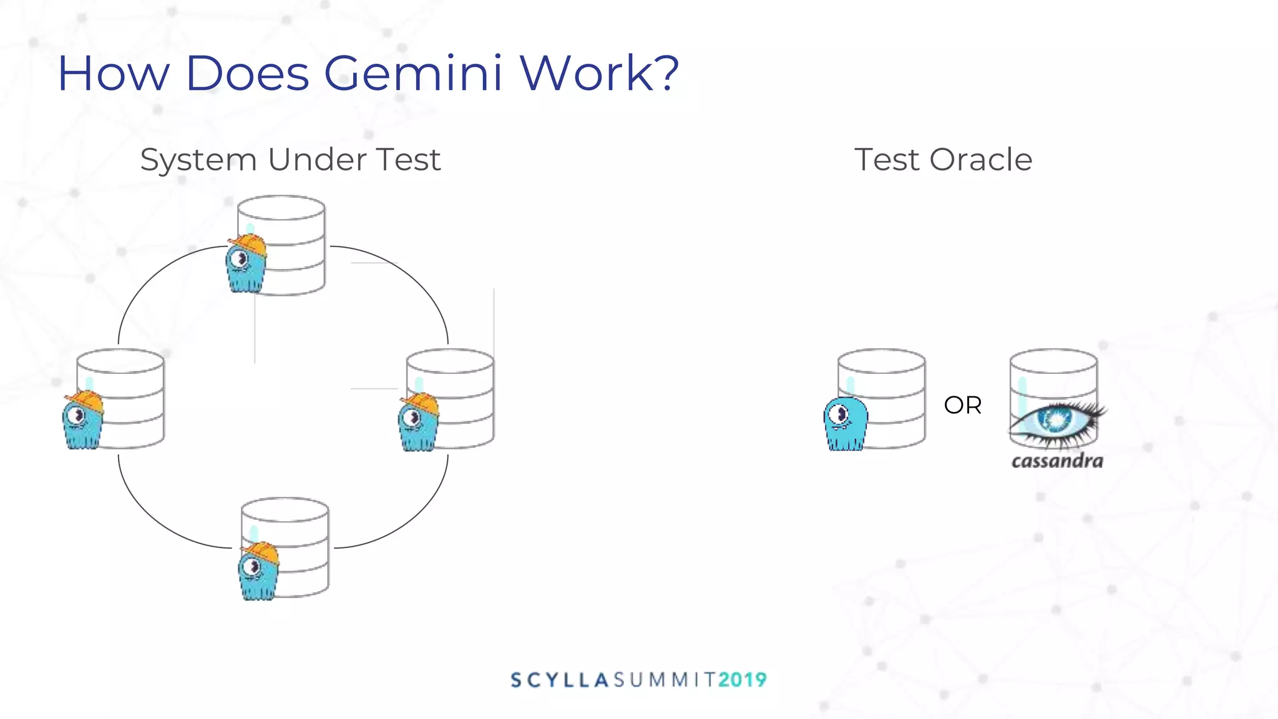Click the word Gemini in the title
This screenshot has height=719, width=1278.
(412, 74)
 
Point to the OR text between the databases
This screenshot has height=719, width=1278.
(962, 405)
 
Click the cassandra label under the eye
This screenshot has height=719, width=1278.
(1057, 461)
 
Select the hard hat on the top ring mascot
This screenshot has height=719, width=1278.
(248, 244)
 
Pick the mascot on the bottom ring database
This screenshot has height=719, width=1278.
(258, 574)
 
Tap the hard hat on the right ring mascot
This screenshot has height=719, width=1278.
(421, 402)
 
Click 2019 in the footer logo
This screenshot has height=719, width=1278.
(742, 680)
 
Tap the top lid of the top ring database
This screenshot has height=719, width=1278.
(281, 207)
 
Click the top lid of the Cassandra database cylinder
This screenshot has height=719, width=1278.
(1053, 361)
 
